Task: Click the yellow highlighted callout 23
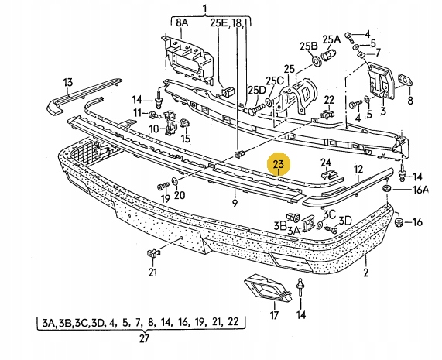click(x=279, y=164)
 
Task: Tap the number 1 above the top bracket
click(x=204, y=9)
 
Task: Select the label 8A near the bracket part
click(x=182, y=22)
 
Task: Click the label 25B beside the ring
click(x=309, y=46)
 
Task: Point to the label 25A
click(x=331, y=39)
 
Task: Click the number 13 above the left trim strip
click(x=67, y=83)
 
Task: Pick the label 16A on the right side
click(x=420, y=190)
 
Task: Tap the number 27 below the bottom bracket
click(x=144, y=338)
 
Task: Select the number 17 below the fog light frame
click(x=274, y=315)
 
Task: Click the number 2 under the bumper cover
click(x=366, y=273)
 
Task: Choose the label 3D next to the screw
click(x=345, y=221)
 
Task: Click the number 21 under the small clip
click(x=152, y=273)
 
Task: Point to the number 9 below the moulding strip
click(x=235, y=203)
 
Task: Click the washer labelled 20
click(x=174, y=181)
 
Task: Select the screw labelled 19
click(x=163, y=187)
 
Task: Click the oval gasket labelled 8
click(x=406, y=80)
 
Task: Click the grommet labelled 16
click(x=399, y=222)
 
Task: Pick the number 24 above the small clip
click(x=326, y=163)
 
